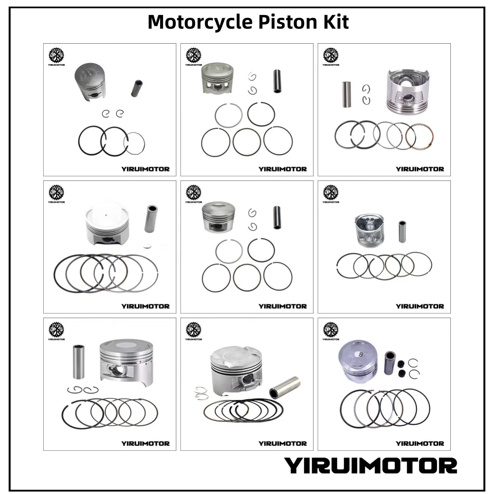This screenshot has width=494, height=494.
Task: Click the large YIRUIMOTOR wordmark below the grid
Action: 370,466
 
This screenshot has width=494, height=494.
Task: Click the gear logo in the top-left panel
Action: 56,55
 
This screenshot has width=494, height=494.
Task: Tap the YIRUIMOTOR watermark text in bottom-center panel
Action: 282,443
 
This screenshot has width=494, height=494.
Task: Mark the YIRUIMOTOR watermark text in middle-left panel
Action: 145,306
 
